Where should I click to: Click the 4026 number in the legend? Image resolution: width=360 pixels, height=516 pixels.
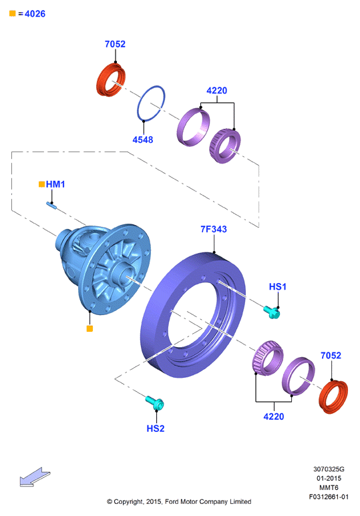coord(35,14)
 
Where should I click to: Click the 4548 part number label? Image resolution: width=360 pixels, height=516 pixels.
coord(143,140)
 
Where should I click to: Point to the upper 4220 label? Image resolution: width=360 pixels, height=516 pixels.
coord(216,91)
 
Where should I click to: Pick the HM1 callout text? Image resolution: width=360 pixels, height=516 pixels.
coord(55,184)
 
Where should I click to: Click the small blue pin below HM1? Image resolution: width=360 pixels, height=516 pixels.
coord(51,206)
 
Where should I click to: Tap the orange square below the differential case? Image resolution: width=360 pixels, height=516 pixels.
coord(89,328)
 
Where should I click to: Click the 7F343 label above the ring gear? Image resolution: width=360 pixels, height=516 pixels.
coord(214,230)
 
